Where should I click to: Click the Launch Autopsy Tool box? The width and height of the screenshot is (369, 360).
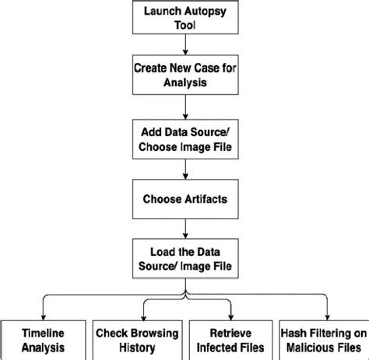click(184, 16)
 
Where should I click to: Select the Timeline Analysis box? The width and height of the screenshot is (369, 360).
click(42, 339)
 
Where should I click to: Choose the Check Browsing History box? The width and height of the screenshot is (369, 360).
click(136, 339)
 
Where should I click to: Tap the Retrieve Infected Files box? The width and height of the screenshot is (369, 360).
click(231, 339)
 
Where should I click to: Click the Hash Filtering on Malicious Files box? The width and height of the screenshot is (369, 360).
click(323, 339)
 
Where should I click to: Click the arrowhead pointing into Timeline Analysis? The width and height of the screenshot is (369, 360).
click(42, 314)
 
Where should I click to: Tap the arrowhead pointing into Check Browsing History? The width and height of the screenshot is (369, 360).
click(136, 314)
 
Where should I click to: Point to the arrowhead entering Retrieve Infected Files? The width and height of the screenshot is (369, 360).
click(231, 314)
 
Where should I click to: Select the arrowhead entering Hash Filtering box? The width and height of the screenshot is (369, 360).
click(323, 314)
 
